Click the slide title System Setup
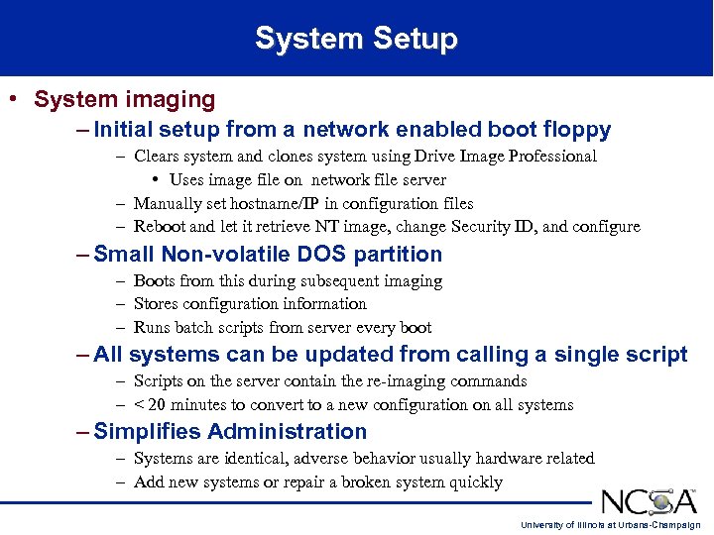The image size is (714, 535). click(x=356, y=39)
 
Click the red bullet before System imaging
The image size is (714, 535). click(x=12, y=99)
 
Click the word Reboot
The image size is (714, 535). click(x=159, y=227)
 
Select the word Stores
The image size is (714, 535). click(x=157, y=304)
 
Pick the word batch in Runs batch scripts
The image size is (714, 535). click(x=197, y=328)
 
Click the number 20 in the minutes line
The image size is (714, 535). click(x=157, y=405)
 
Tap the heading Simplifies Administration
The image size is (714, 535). click(x=230, y=432)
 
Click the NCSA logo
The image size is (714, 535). click(x=650, y=500)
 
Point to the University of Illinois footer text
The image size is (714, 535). click(x=611, y=525)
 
